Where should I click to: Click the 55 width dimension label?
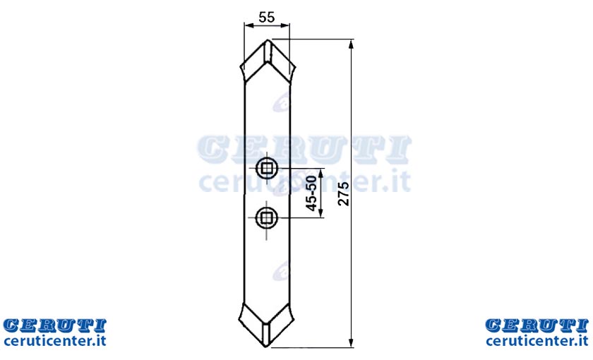tap(267, 17)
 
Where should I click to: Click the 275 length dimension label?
tap(343, 194)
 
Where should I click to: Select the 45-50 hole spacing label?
tap(311, 193)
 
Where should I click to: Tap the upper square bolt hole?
tap(267, 168)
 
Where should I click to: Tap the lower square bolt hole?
tap(267, 217)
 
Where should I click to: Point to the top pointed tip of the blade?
tap(268, 40)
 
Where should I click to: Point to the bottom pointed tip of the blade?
tap(267, 347)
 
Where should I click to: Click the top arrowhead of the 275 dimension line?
tap(352, 44)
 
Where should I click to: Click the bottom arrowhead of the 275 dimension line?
tap(352, 342)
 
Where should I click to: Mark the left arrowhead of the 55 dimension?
tap(248, 25)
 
